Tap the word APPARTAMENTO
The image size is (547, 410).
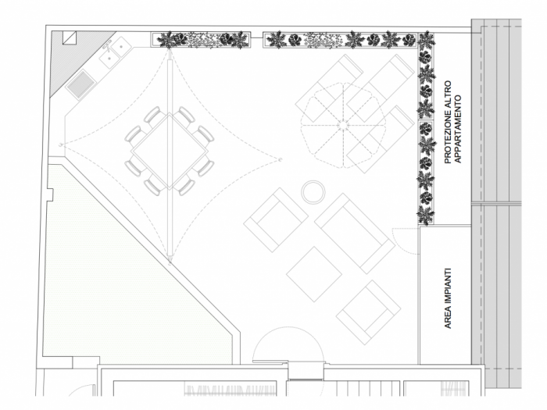[x=459, y=129]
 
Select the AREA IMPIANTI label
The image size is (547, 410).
[x=449, y=298]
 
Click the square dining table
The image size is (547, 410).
[x=170, y=152]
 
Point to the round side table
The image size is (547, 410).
[x=313, y=192]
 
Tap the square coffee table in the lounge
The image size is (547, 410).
[x=314, y=274]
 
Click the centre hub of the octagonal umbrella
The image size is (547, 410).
[x=343, y=124]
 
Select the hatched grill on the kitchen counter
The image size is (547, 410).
[x=81, y=84]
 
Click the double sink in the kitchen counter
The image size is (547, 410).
[x=115, y=52]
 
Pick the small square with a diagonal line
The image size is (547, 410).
[x=69, y=37]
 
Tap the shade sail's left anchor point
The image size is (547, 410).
[x=61, y=144]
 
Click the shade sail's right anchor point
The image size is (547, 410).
[x=280, y=159]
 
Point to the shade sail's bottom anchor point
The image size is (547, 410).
[x=170, y=262]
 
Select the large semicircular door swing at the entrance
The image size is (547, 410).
[x=288, y=328]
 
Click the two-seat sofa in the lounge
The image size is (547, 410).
[x=355, y=234]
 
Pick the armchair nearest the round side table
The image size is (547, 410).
[x=276, y=219]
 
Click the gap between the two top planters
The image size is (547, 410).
[x=256, y=37]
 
